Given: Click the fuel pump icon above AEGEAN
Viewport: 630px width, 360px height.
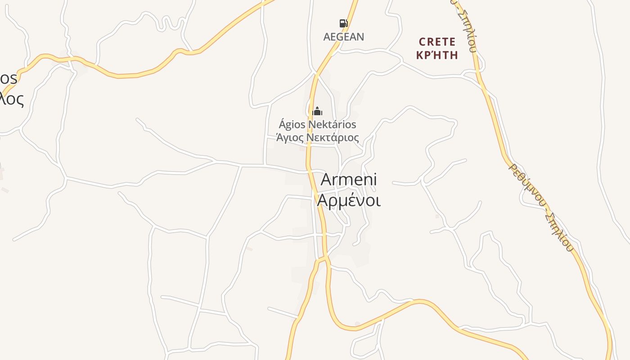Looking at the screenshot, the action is pyautogui.click(x=343, y=23).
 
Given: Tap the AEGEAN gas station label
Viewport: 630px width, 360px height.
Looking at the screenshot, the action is pyautogui.click(x=343, y=37).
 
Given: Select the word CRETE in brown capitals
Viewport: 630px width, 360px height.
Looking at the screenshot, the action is pyautogui.click(x=437, y=42).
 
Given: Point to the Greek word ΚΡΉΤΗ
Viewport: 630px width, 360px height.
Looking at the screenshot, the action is pyautogui.click(x=437, y=55).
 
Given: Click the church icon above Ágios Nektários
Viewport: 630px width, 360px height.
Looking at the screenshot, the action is pyautogui.click(x=317, y=111).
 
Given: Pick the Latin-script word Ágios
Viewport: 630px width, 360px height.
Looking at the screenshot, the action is pyautogui.click(x=292, y=125).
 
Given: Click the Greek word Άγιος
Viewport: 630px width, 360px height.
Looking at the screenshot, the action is pyautogui.click(x=289, y=137).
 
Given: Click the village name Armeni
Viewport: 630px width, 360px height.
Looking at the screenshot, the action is pyautogui.click(x=349, y=180).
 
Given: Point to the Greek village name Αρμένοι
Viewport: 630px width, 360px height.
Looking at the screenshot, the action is pyautogui.click(x=349, y=200).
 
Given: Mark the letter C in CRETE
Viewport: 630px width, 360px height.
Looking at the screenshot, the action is pyautogui.click(x=422, y=42).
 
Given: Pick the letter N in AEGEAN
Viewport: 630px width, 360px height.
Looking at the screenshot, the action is pyautogui.click(x=360, y=37).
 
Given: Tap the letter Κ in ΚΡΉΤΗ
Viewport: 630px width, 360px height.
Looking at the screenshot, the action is pyautogui.click(x=420, y=55).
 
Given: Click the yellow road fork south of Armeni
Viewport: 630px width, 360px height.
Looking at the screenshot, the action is pyautogui.click(x=323, y=259).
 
